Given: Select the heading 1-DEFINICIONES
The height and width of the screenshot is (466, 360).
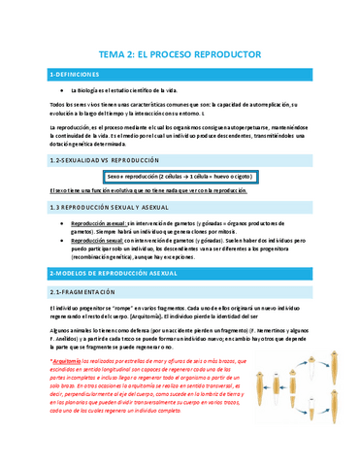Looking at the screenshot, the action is [x=74, y=75].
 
